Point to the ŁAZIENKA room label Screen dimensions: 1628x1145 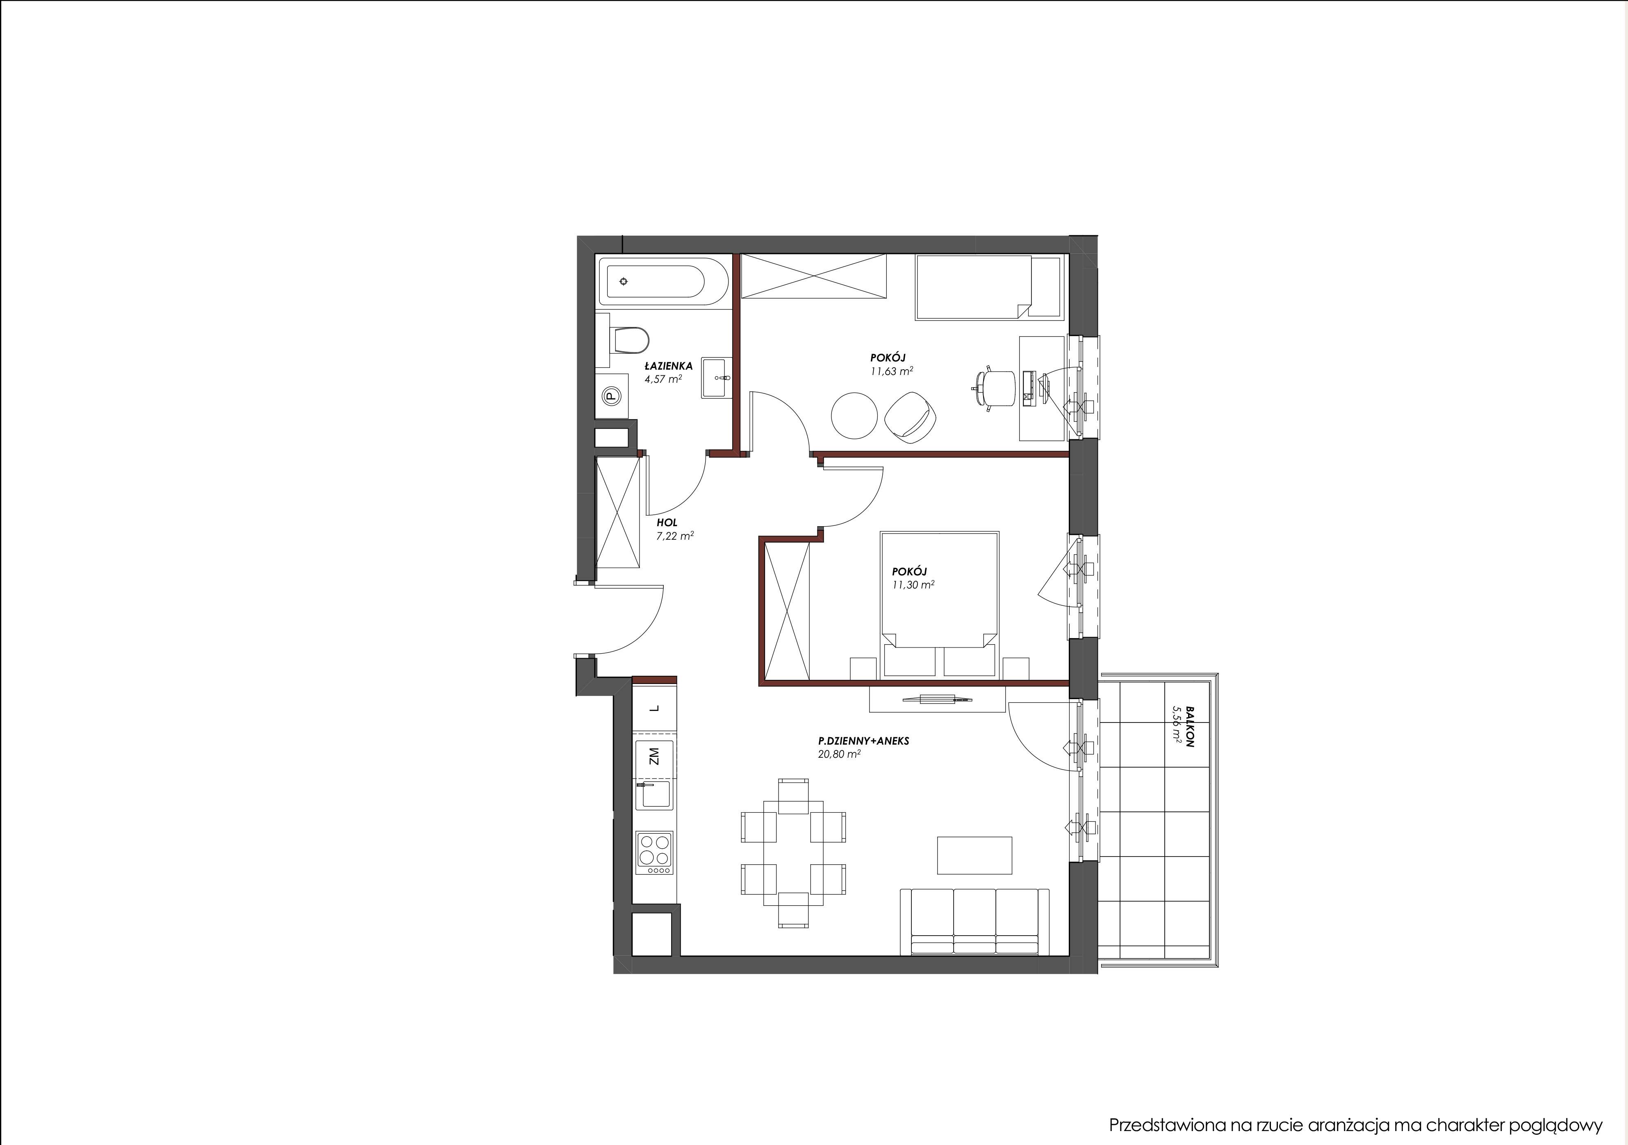[668, 366]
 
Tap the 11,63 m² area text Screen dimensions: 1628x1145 [891, 370]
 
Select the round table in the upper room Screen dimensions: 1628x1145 [854, 416]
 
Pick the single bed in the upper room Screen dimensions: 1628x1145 [990, 287]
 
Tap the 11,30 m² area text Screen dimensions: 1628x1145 [913, 585]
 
